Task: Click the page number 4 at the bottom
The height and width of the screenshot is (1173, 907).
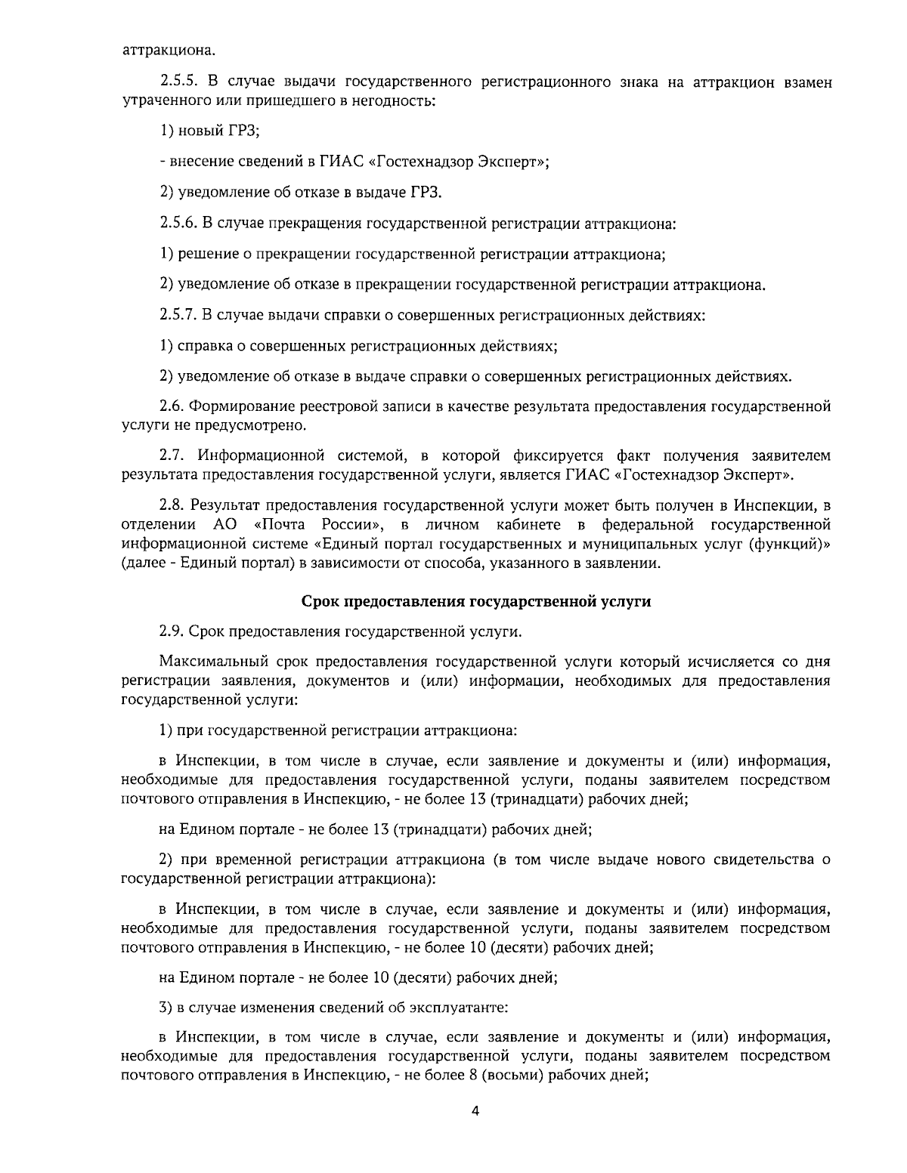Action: [x=475, y=1110]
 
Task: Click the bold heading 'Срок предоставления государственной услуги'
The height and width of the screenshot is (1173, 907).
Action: [x=476, y=601]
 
